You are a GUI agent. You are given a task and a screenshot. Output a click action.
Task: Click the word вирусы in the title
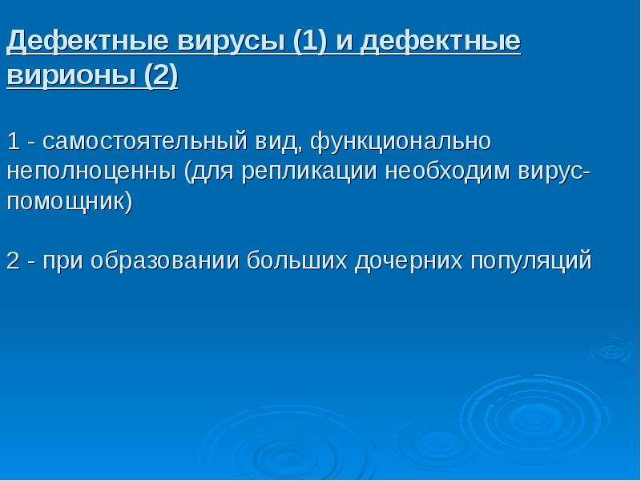232,42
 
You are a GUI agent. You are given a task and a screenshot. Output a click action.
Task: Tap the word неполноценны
91,172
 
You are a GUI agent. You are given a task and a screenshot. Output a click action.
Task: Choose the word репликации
308,172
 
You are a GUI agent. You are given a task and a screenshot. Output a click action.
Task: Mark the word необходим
447,171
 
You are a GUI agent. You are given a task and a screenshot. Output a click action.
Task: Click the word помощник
67,202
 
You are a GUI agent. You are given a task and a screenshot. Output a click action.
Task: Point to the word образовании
164,261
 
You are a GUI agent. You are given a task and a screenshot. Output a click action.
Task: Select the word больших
296,261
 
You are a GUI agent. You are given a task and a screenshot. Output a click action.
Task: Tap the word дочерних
409,261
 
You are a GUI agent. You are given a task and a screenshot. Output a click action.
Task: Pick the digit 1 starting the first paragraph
13,142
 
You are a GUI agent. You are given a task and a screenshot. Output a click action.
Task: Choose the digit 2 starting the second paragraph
13,261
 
